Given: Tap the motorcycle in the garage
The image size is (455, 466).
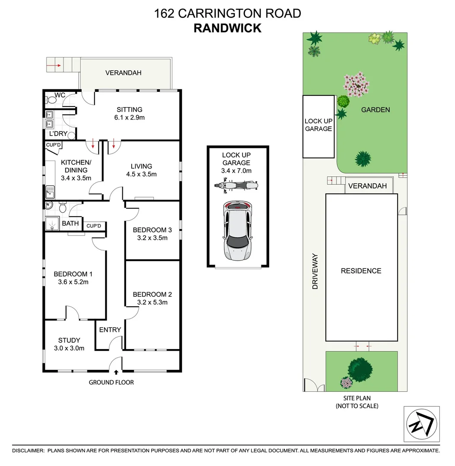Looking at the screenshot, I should (236, 186).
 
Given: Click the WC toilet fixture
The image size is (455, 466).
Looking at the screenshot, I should (51, 100).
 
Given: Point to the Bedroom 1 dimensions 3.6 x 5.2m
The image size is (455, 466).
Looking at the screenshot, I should (73, 282).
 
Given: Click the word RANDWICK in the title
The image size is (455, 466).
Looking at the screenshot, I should (227, 28).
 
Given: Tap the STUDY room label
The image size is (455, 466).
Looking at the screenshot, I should (69, 340).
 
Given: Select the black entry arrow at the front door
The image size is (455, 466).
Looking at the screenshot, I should (116, 372).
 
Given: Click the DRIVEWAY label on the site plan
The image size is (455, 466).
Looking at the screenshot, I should (315, 271).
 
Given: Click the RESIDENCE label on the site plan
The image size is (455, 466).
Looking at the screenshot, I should (361, 271).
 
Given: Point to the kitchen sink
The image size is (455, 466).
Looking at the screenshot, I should (50, 190).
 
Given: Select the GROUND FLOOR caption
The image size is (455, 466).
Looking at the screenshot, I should (111, 382).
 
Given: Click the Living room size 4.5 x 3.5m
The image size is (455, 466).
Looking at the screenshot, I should (141, 174).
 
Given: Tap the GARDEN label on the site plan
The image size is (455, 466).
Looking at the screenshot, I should (375, 110).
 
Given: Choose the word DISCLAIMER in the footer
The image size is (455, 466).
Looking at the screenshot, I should (28, 450).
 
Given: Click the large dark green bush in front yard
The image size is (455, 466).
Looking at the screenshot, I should (360, 368).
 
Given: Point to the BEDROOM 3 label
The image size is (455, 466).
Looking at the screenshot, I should (152, 230).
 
